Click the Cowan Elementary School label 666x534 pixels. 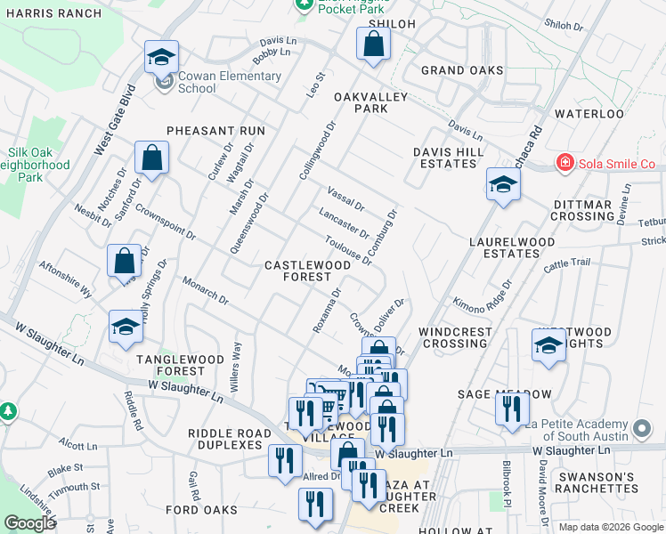coord(229,82)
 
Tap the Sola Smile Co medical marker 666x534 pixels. coord(564,163)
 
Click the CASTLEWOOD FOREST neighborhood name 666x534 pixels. coord(307,271)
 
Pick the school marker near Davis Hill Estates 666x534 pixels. coord(503,186)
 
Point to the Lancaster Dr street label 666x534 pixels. coord(344,222)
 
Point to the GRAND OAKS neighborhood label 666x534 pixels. coord(462,70)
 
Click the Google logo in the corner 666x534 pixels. coord(29,523)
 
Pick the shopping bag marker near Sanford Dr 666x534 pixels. coord(152,158)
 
